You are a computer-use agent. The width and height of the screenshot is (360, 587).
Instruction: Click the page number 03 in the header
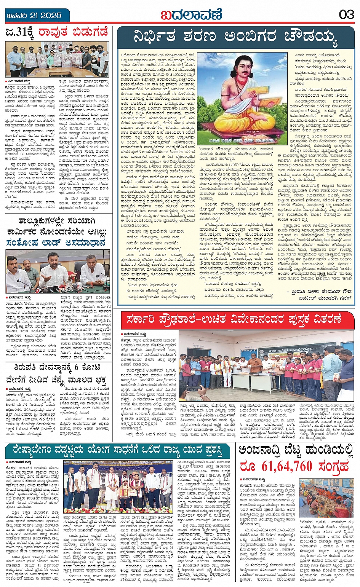point(346,15)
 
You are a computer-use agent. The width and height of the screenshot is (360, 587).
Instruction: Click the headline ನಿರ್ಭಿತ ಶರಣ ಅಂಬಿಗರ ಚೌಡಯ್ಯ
point(235,37)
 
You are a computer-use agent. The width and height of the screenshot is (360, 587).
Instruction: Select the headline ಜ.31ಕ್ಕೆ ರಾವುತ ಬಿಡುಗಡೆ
point(57,32)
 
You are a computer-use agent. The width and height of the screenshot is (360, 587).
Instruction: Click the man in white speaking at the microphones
point(55,271)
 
